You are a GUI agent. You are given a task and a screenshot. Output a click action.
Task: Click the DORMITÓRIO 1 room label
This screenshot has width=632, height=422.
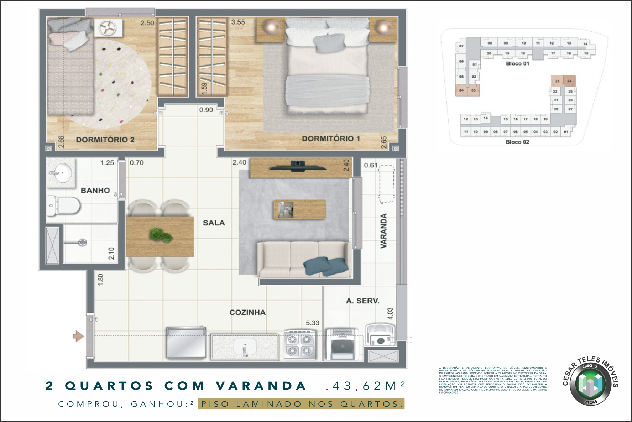tap(331, 139)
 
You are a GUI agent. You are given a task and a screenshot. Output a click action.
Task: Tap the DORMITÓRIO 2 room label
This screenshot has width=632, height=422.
tap(105, 140)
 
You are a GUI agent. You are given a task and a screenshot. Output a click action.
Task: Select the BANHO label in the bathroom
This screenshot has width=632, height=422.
tap(95, 191)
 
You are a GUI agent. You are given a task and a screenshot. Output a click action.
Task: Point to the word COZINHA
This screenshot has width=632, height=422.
tap(247, 313)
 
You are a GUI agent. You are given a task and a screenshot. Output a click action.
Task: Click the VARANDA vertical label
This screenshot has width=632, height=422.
tap(383, 231)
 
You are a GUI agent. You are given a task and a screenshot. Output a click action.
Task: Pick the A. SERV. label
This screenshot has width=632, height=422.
tap(362, 301)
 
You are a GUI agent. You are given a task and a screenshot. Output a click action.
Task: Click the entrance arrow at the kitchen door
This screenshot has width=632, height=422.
tap(78, 336)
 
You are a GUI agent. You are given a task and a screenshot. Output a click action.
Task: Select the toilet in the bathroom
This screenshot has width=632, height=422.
tap(64, 206)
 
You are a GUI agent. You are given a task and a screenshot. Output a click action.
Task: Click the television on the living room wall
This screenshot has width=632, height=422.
tap(297, 166)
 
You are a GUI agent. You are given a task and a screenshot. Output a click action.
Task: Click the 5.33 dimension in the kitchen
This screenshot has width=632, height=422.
tap(312, 323)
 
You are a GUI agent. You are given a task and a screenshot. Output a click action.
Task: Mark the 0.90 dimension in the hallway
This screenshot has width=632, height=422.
tap(206, 110)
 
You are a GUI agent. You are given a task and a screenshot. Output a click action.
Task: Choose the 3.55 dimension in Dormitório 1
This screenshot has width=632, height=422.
tap(238, 22)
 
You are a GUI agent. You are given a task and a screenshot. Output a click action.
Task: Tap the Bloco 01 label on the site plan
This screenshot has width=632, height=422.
tap(517, 64)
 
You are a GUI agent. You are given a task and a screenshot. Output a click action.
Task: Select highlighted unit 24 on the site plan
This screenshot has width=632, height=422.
tap(569, 81)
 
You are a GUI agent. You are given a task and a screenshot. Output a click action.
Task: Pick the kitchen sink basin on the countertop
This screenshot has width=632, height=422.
tap(245, 347)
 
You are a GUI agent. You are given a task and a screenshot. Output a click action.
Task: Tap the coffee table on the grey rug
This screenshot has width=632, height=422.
tap(299, 209)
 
